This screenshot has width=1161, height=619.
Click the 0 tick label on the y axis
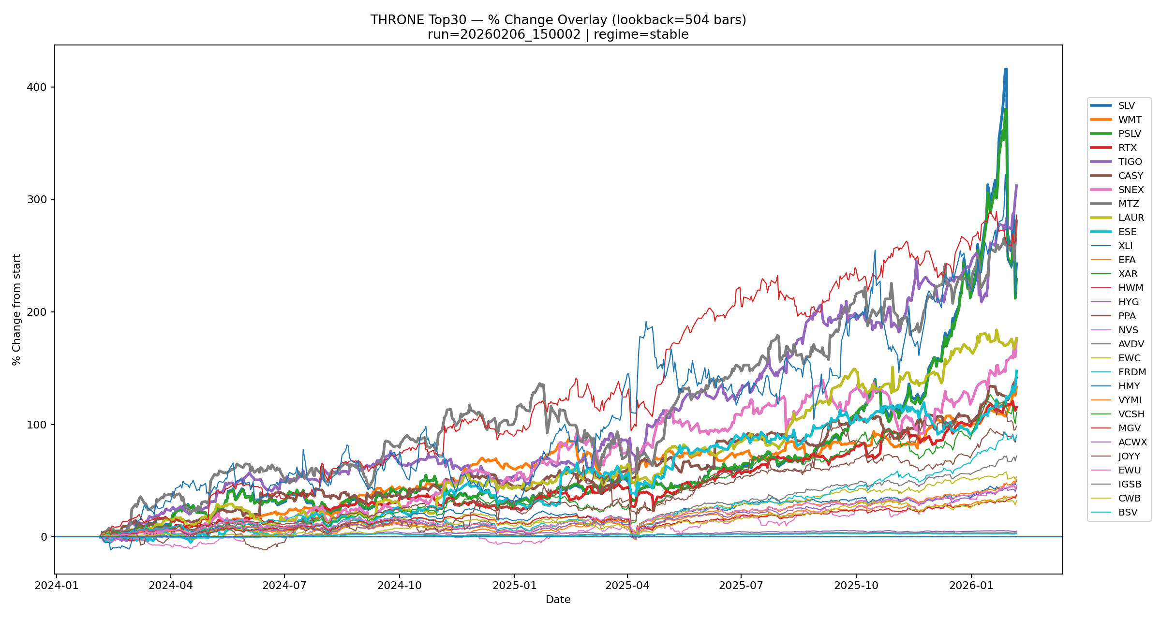click(44, 537)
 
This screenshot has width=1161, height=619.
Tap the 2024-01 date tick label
click(57, 586)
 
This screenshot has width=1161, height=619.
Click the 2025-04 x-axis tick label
click(627, 586)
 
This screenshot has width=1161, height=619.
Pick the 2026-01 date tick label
click(971, 586)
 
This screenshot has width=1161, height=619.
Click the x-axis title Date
click(558, 600)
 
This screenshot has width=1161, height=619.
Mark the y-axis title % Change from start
click(16, 309)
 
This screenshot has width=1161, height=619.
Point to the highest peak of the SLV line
click(1006, 70)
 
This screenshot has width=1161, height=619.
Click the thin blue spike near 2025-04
click(646, 322)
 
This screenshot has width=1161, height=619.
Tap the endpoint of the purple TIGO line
click(1016, 185)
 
